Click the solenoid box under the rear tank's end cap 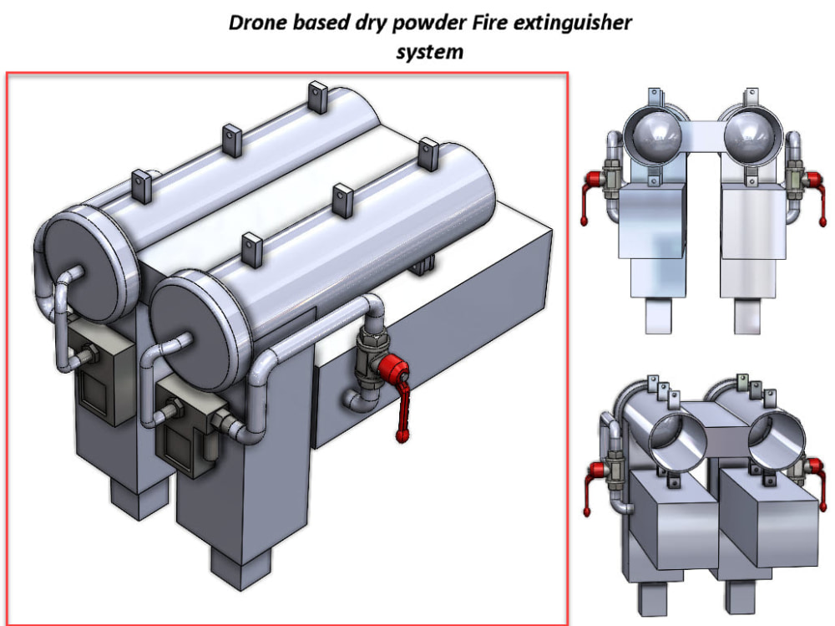pos(96,372)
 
